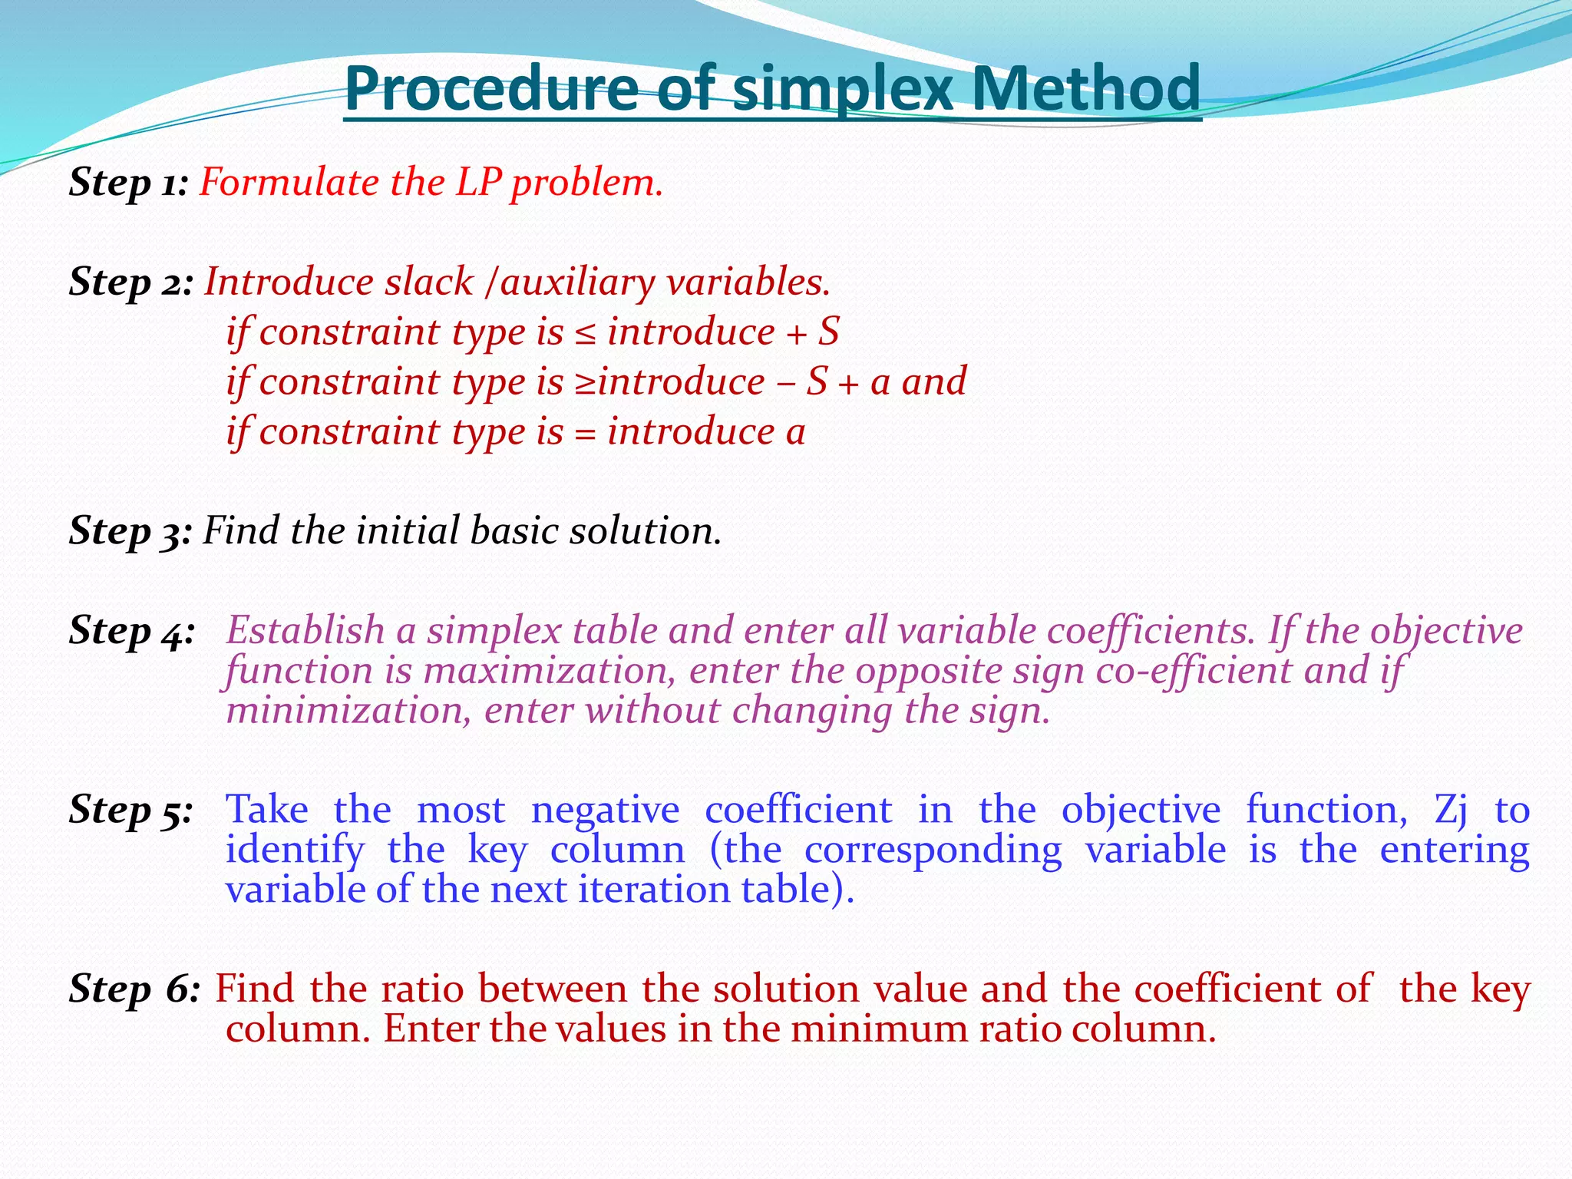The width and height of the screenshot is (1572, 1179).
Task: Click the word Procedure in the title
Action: pyautogui.click(x=491, y=88)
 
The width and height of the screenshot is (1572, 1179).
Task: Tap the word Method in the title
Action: pyautogui.click(x=1085, y=88)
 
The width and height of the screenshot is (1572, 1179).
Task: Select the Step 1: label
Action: pyautogui.click(x=129, y=183)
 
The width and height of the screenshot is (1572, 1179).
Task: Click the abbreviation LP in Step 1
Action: pyautogui.click(x=478, y=183)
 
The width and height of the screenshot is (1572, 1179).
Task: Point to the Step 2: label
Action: pyautogui.click(x=131, y=282)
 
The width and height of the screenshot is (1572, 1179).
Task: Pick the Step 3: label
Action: pyautogui.click(x=130, y=531)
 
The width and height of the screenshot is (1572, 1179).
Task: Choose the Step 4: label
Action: pyautogui.click(x=131, y=632)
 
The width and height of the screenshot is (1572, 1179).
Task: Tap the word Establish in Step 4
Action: pyautogui.click(x=305, y=631)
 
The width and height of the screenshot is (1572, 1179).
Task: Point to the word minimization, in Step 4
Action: pyautogui.click(x=348, y=711)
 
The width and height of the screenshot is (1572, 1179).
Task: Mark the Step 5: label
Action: pyautogui.click(x=130, y=811)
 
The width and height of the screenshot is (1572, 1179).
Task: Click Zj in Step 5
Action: pyautogui.click(x=1451, y=811)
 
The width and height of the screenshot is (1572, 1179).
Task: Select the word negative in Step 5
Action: pyautogui.click(x=605, y=811)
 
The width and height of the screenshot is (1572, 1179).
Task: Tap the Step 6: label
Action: pyautogui.click(x=134, y=989)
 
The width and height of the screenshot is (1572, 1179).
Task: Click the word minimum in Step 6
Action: pyautogui.click(x=880, y=1029)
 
